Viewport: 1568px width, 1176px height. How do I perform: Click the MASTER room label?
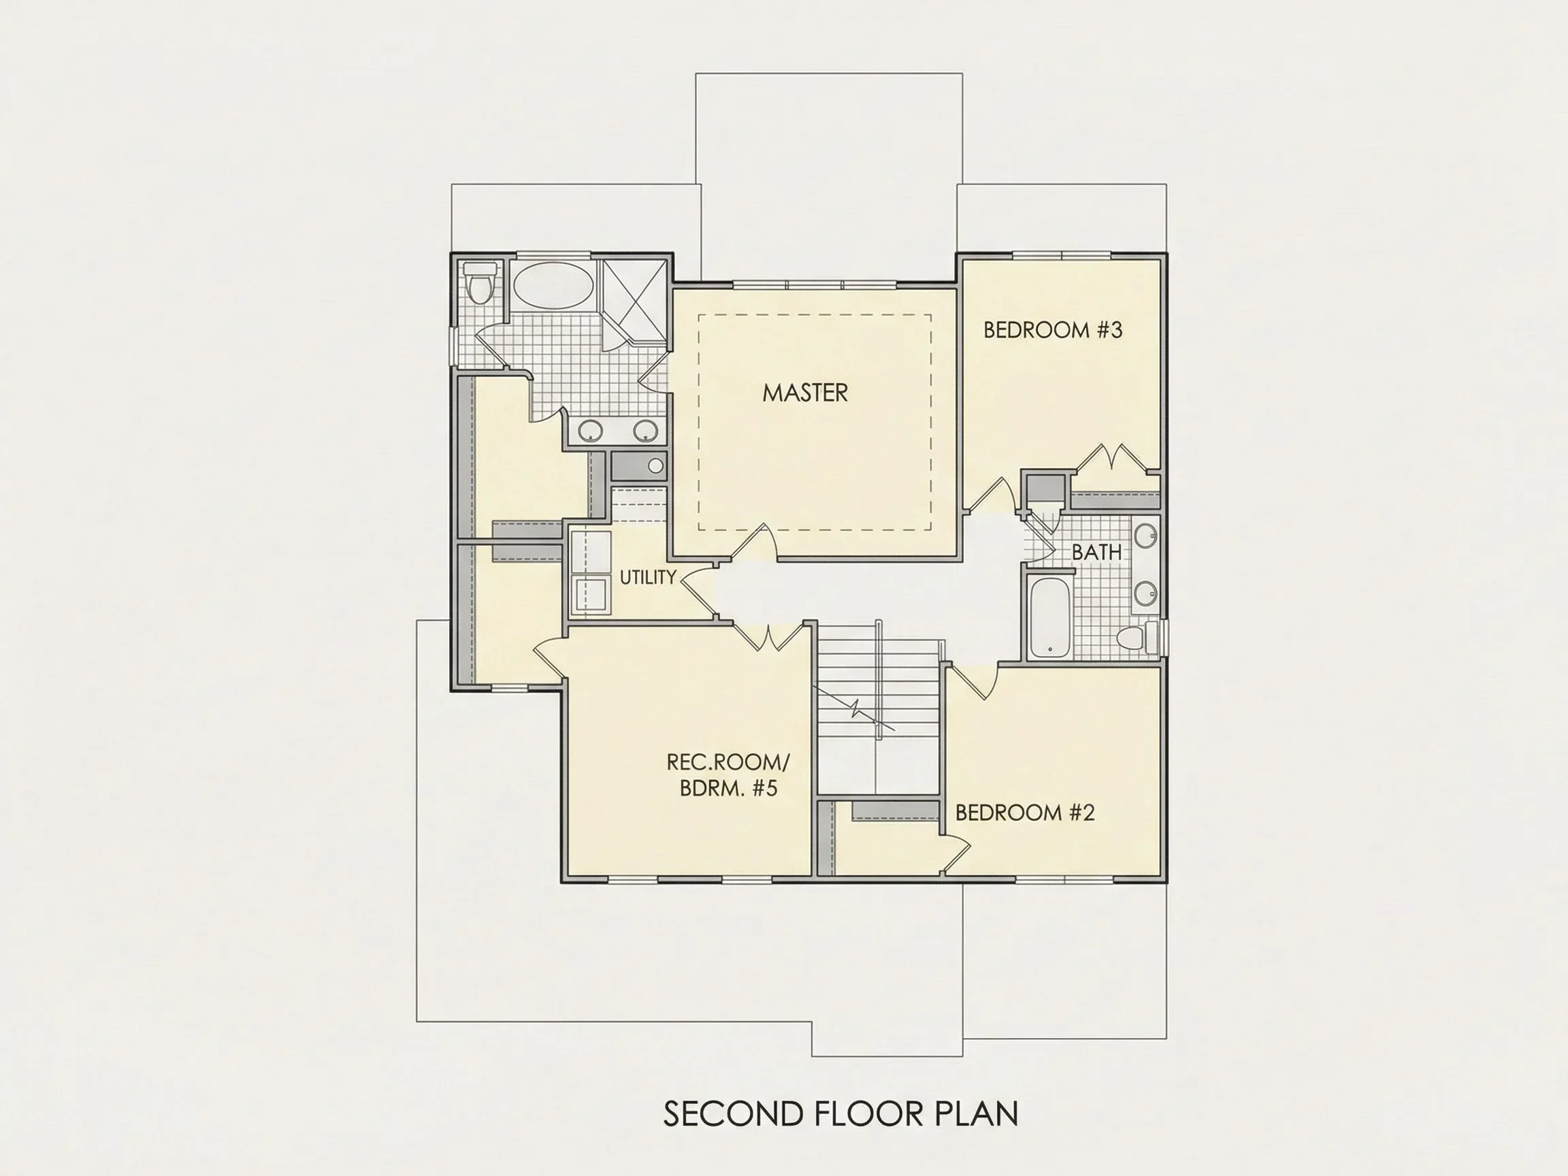point(804,393)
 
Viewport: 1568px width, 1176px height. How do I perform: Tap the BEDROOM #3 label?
point(1053,329)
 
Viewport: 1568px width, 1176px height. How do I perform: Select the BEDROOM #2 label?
point(1025,813)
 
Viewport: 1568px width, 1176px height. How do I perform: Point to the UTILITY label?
point(648,577)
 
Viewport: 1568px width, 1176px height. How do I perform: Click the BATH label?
point(1096,552)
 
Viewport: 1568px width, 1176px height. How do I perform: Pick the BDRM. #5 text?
point(729,788)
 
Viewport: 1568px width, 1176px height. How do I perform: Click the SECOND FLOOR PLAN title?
point(840,1113)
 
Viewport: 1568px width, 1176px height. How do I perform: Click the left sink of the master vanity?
point(590,429)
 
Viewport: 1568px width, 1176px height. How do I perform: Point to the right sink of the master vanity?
point(645,429)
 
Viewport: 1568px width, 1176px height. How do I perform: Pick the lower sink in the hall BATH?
point(1145,593)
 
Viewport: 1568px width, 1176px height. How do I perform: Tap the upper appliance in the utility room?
point(591,551)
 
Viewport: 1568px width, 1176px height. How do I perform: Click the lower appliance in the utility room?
point(591,594)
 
